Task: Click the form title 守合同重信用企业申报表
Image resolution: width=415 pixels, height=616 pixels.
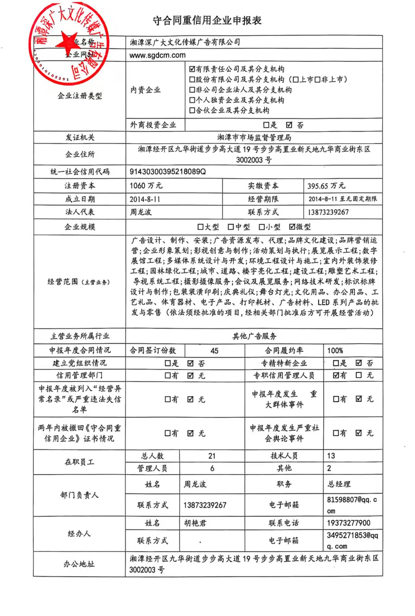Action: [x=207, y=21]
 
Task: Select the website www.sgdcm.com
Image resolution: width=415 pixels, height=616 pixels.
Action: [x=157, y=55]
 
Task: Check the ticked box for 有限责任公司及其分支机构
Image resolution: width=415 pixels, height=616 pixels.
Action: [x=192, y=69]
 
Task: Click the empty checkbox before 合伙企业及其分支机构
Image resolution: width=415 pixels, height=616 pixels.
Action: [x=192, y=110]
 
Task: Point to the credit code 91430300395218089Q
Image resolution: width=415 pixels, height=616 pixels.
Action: [x=167, y=171]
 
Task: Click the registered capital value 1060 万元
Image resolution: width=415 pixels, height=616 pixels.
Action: [x=146, y=186]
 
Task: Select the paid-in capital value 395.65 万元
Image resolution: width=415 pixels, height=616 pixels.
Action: [x=326, y=186]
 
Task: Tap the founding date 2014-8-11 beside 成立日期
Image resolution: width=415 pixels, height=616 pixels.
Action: [x=145, y=199]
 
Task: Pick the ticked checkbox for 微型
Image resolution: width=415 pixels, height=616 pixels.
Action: [x=292, y=227]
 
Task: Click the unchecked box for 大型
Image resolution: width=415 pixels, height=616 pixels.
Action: [x=201, y=227]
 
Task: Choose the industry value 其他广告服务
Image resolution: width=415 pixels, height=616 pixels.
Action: [x=254, y=336]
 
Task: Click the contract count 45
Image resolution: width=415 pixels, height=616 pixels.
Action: [x=214, y=351]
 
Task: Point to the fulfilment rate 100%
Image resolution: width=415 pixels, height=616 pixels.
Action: [x=335, y=351]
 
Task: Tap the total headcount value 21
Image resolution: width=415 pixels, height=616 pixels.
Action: [x=212, y=456]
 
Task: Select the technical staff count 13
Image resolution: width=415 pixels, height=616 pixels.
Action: [x=331, y=456]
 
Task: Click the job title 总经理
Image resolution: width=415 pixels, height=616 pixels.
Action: [x=339, y=484]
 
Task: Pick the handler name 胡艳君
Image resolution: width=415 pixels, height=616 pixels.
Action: [x=195, y=523]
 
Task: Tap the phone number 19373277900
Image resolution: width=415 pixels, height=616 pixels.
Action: [x=348, y=523]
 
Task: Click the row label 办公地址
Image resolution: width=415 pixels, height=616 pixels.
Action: [x=79, y=564]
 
